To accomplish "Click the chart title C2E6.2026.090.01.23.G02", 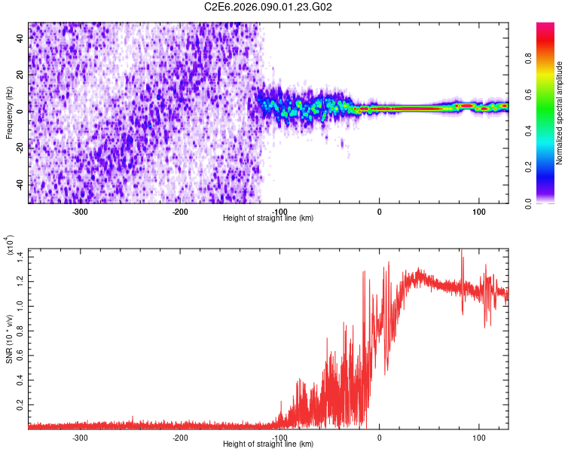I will (x=269, y=7).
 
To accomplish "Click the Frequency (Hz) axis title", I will (x=10, y=112).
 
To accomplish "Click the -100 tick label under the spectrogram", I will (x=279, y=211).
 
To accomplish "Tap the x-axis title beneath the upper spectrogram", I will (x=268, y=218).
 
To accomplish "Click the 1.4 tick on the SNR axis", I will (x=20, y=257).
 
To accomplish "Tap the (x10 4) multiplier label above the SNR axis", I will (x=10, y=246).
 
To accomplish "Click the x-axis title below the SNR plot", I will (x=268, y=444).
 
